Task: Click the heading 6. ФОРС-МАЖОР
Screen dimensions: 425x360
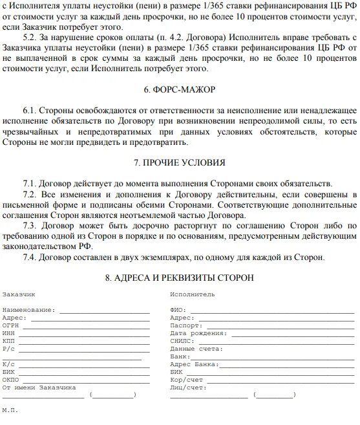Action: click(180, 89)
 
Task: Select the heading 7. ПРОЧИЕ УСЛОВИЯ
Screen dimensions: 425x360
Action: click(180, 162)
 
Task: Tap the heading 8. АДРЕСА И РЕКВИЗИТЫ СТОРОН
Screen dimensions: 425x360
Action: click(180, 278)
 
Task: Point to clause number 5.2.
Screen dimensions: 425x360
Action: click(30, 38)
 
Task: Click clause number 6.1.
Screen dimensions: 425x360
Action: click(30, 111)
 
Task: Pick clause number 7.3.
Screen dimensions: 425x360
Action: click(30, 225)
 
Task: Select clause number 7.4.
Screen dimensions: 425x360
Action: click(30, 257)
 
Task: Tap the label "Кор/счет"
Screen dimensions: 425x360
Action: click(184, 380)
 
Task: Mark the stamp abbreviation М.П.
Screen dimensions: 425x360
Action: click(10, 411)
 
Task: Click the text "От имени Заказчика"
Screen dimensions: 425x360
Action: click(39, 387)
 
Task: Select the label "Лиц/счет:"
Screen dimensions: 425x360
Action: click(185, 387)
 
